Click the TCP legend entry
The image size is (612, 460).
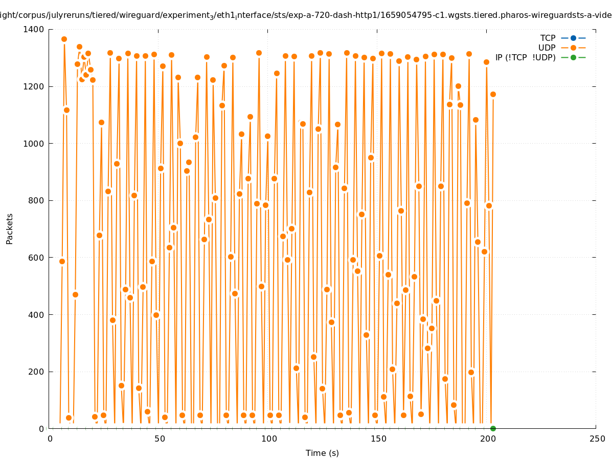[x=548, y=38]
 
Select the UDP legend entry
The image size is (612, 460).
[x=547, y=48]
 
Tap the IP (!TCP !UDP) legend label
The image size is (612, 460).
[x=525, y=58]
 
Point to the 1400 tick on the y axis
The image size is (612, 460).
[x=34, y=30]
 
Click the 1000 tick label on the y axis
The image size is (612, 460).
[x=34, y=144]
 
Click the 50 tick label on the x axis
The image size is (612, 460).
[x=160, y=439]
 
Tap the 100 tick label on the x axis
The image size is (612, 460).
[x=269, y=439]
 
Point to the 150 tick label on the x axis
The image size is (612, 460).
[x=378, y=439]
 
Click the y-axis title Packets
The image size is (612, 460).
[x=10, y=228]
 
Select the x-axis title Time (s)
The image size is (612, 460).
[x=322, y=453]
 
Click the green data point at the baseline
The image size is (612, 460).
[x=493, y=428]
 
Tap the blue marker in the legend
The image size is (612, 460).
[x=573, y=38]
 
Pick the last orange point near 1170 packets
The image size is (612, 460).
[x=493, y=94]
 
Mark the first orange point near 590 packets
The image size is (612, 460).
[x=62, y=261]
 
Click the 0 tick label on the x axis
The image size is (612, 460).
[x=50, y=439]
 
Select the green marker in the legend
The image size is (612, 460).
[x=573, y=58]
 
